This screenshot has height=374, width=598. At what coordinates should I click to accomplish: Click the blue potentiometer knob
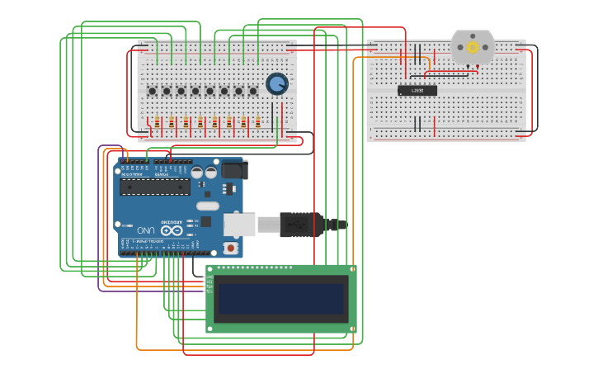tap(276, 83)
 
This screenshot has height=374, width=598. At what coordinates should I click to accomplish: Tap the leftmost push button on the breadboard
tap(152, 91)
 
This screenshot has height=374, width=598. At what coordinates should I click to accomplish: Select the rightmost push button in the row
tap(252, 91)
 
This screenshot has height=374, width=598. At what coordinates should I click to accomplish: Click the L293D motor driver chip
tap(417, 90)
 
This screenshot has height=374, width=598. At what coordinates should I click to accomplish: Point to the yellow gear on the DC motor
tap(473, 47)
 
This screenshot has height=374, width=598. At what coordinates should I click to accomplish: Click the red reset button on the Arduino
tap(231, 248)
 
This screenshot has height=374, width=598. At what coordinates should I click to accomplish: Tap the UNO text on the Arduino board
tap(145, 230)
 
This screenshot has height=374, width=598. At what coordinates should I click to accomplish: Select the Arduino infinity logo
tap(172, 230)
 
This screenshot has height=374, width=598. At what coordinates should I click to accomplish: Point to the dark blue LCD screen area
tap(280, 298)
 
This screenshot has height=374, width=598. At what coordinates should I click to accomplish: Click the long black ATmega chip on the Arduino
tap(155, 187)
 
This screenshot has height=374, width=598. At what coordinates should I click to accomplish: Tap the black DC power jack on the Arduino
tap(234, 169)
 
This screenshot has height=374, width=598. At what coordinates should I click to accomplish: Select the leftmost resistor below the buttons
tap(157, 122)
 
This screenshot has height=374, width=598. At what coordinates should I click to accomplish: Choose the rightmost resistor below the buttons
tap(257, 122)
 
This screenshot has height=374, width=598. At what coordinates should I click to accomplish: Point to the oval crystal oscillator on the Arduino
tap(208, 206)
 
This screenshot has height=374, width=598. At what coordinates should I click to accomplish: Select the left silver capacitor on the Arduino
tap(197, 173)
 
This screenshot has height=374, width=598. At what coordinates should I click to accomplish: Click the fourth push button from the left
tap(195, 91)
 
